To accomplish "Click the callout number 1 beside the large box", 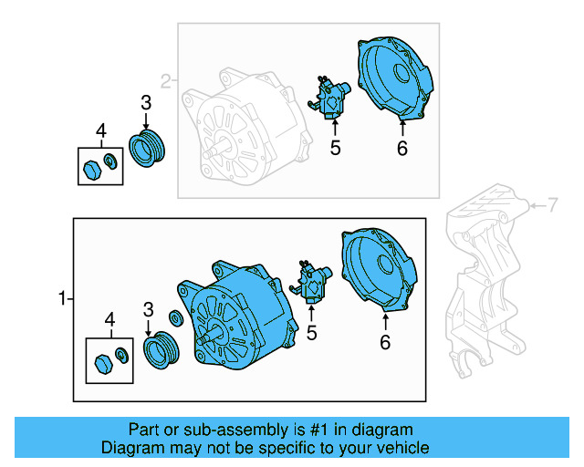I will [x=62, y=298].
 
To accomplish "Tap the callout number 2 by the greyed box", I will [x=166, y=81].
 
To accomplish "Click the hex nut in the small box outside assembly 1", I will [x=91, y=169].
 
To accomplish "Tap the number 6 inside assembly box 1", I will [x=385, y=342].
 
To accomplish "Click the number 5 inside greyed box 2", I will [x=335, y=148].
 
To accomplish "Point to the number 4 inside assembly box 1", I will [x=109, y=319].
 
